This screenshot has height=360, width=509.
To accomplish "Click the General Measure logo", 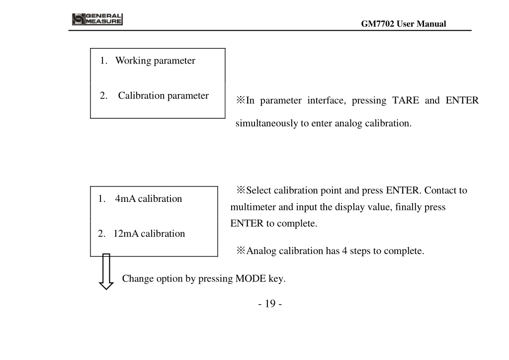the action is (97, 19).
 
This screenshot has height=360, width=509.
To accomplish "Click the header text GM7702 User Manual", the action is (404, 24).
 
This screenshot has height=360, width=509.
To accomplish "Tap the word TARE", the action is (406, 100).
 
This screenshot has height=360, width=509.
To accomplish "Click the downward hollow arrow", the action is (106, 271).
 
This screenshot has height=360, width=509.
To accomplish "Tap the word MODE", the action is (251, 278).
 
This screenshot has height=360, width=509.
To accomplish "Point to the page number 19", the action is (270, 303).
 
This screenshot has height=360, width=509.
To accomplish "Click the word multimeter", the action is (253, 207).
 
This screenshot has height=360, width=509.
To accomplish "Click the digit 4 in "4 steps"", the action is (344, 251).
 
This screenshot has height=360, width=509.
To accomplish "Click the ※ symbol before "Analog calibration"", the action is (241, 251).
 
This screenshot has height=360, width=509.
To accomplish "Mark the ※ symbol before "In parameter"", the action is (241, 100).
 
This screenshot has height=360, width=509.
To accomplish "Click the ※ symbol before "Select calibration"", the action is (241, 190).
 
